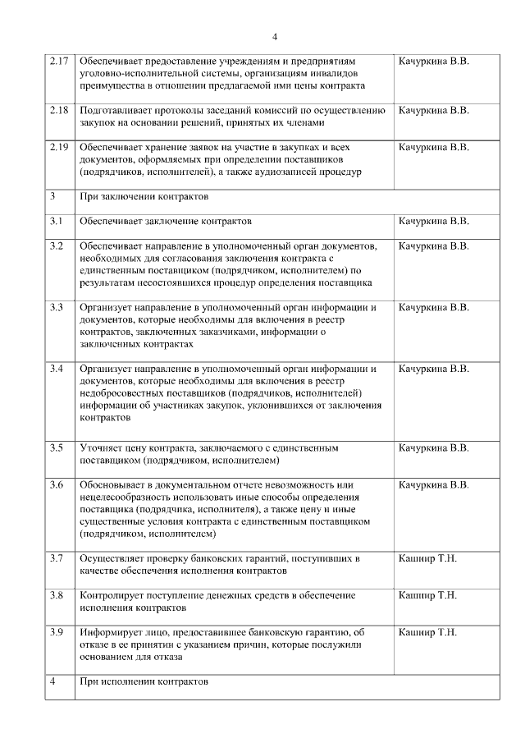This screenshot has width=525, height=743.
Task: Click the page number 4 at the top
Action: [275, 37]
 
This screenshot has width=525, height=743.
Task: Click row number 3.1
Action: [56, 222]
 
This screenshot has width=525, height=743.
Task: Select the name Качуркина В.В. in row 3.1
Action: [433, 222]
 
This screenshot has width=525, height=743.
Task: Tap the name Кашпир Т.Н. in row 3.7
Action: [427, 559]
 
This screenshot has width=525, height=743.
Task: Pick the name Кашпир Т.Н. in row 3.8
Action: [427, 595]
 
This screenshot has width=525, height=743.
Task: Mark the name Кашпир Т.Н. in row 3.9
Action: [427, 632]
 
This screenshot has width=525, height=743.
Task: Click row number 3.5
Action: [56, 448]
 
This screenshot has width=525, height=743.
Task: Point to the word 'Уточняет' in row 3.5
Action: [103, 448]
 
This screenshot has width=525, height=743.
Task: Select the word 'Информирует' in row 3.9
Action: [112, 632]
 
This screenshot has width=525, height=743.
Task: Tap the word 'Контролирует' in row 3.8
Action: [113, 595]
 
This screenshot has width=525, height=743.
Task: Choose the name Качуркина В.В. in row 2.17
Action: [433, 62]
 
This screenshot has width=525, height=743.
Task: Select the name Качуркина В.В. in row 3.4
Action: [433, 369]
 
